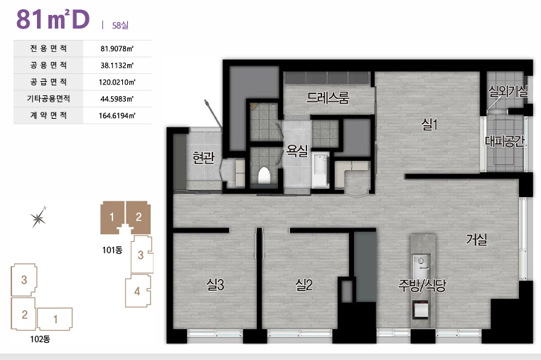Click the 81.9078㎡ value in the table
[117, 48]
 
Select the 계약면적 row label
[48, 115]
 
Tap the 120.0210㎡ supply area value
[117, 82]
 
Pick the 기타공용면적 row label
[48, 99]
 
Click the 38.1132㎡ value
[117, 65]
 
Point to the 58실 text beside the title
[120, 25]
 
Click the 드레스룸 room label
[328, 97]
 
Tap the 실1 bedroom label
[429, 124]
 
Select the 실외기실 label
[508, 91]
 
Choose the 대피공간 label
[505, 141]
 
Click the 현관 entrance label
[203, 157]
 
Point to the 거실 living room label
[476, 239]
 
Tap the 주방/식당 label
[422, 285]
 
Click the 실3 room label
[215, 285]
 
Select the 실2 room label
[304, 285]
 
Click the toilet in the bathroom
[264, 175]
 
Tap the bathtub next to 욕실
[321, 171]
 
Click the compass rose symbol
[38, 218]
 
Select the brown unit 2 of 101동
[139, 217]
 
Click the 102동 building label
[40, 339]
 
